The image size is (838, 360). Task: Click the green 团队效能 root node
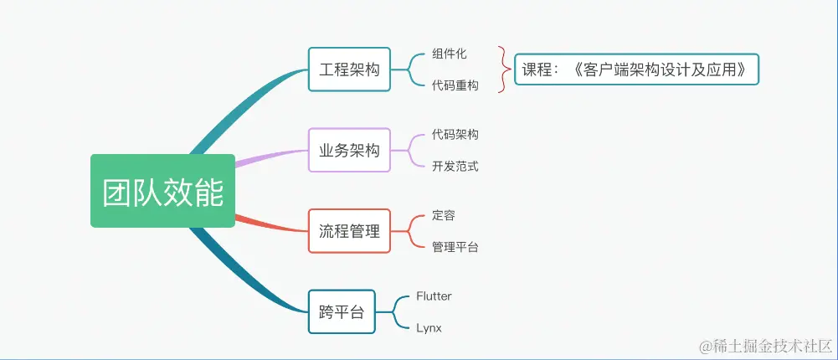[162, 191]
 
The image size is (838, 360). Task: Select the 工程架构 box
[349, 69]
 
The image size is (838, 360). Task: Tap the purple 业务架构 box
[349, 150]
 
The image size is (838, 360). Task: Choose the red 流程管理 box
[349, 231]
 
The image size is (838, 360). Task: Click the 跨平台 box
[342, 311]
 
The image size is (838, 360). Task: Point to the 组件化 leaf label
[450, 54]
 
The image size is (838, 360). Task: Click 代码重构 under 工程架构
[455, 85]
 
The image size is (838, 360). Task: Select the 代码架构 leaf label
[455, 134]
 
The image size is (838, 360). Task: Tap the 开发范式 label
[455, 166]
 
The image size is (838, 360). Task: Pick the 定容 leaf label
[444, 215]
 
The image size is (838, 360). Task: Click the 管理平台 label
[455, 247]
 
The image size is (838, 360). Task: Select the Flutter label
[434, 296]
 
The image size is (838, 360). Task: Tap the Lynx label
[429, 327]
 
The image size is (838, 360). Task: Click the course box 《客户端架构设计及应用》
[636, 69]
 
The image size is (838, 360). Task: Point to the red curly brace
[503, 69]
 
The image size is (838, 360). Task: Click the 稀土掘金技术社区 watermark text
[765, 346]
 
